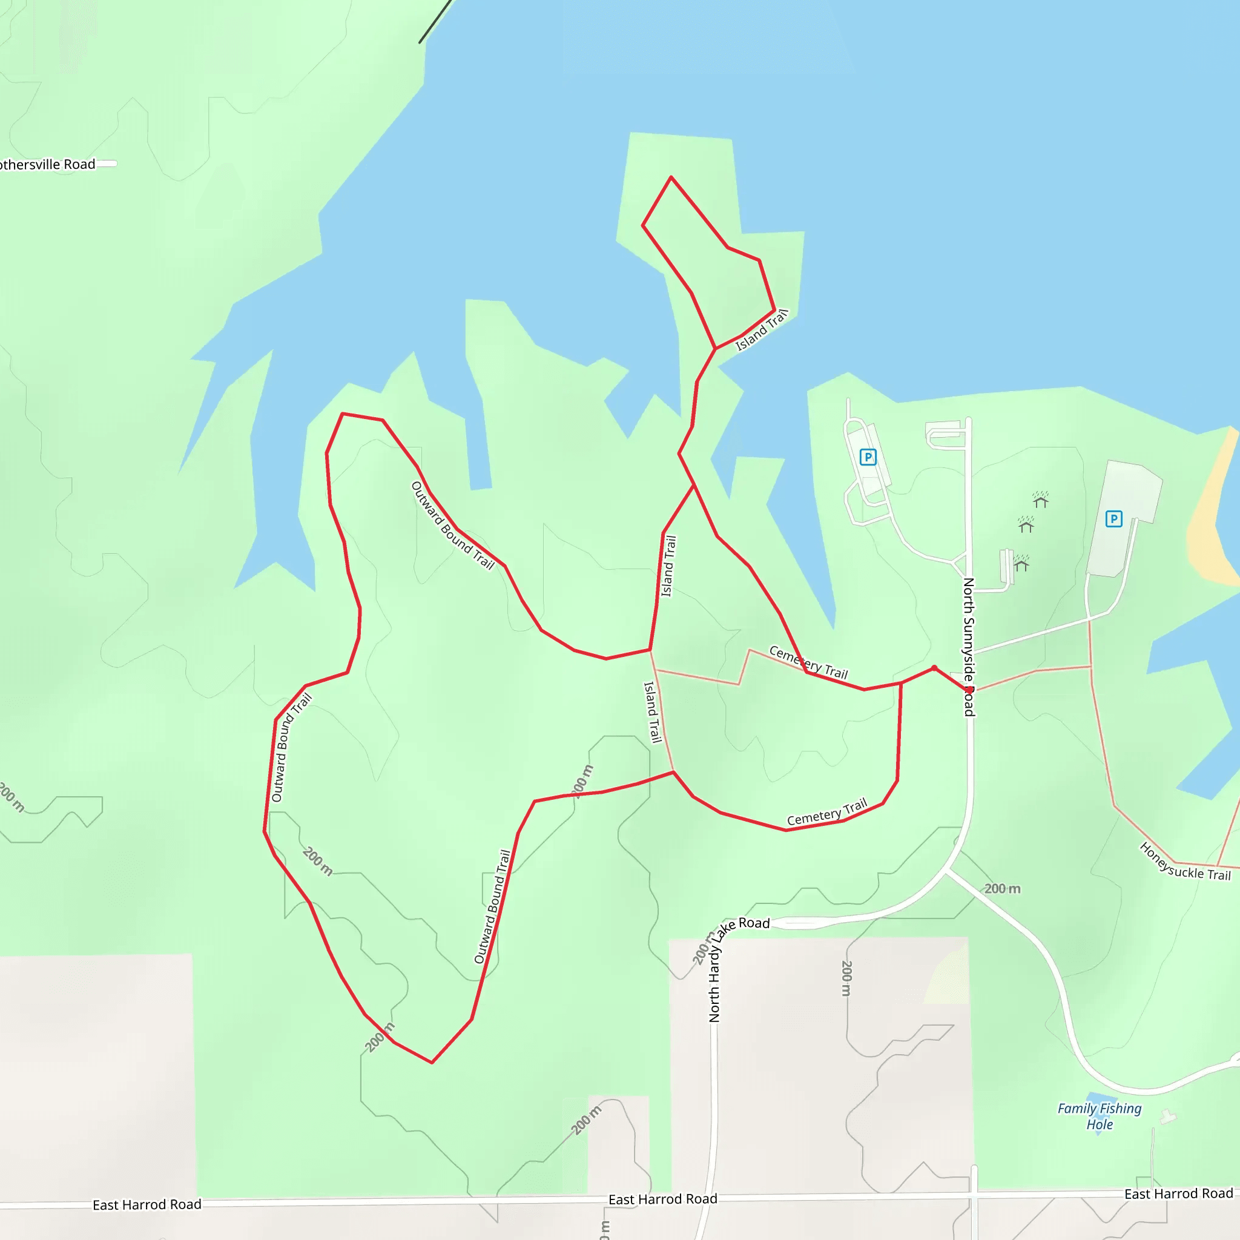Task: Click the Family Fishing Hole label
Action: pyautogui.click(x=1099, y=1116)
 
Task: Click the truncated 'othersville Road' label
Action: pyautogui.click(x=47, y=164)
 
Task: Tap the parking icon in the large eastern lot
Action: pyautogui.click(x=1113, y=519)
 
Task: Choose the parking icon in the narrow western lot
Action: pyautogui.click(x=868, y=457)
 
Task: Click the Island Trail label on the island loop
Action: pyautogui.click(x=762, y=330)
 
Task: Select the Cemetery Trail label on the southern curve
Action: pyautogui.click(x=826, y=811)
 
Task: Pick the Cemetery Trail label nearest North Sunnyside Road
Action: pyautogui.click(x=808, y=662)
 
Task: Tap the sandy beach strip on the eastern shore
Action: pyautogui.click(x=1210, y=513)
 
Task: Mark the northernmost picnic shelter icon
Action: pyautogui.click(x=1040, y=500)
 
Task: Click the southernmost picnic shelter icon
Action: pyautogui.click(x=1021, y=563)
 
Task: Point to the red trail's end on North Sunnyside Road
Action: pyautogui.click(x=969, y=691)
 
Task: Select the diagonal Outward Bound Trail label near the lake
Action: pyautogui.click(x=452, y=526)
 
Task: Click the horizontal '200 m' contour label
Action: pyautogui.click(x=1002, y=888)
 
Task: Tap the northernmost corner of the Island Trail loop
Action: pyautogui.click(x=671, y=177)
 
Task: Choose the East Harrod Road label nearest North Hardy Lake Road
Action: pyautogui.click(x=662, y=1199)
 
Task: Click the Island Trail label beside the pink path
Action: pyautogui.click(x=652, y=712)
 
